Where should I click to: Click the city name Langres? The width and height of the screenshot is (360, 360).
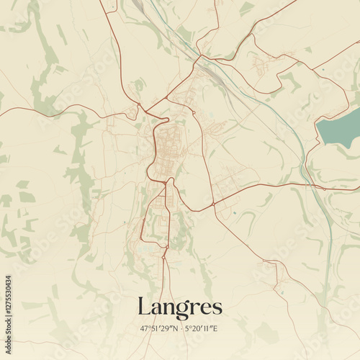[x=179, y=307]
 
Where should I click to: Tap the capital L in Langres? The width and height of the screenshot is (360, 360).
[x=144, y=306]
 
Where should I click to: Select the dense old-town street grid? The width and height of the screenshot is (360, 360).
[x=167, y=148]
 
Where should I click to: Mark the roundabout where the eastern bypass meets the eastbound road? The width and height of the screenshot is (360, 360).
[x=213, y=205]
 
